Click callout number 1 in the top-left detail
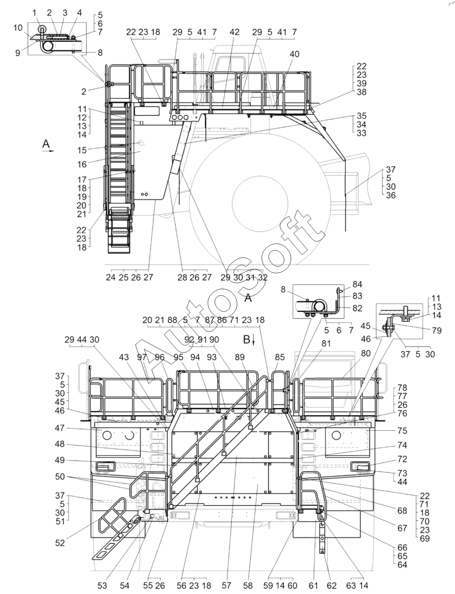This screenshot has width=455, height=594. coord(34,13)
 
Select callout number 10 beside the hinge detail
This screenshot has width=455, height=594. coord(18,28)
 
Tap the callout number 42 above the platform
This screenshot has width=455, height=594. coord(234,32)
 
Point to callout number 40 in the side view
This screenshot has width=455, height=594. coord(295,54)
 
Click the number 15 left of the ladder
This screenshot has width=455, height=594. coord(82,150)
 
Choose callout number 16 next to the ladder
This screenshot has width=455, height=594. coord(82,164)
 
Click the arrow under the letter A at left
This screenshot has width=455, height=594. coord(48,151)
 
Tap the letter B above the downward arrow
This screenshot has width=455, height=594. coord(247,339)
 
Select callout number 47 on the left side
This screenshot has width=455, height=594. coord(60,428)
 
